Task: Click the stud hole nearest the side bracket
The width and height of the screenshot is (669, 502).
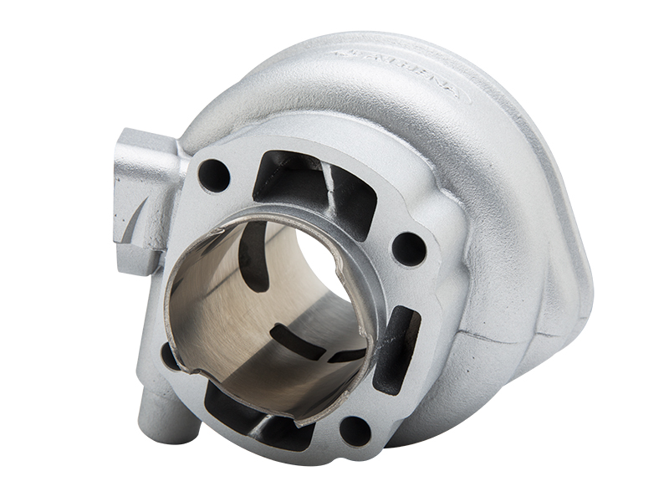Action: coord(213,176)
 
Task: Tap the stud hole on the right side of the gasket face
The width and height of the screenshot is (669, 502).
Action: coord(409,248)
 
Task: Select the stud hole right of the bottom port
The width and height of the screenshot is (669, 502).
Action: coord(355,430)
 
